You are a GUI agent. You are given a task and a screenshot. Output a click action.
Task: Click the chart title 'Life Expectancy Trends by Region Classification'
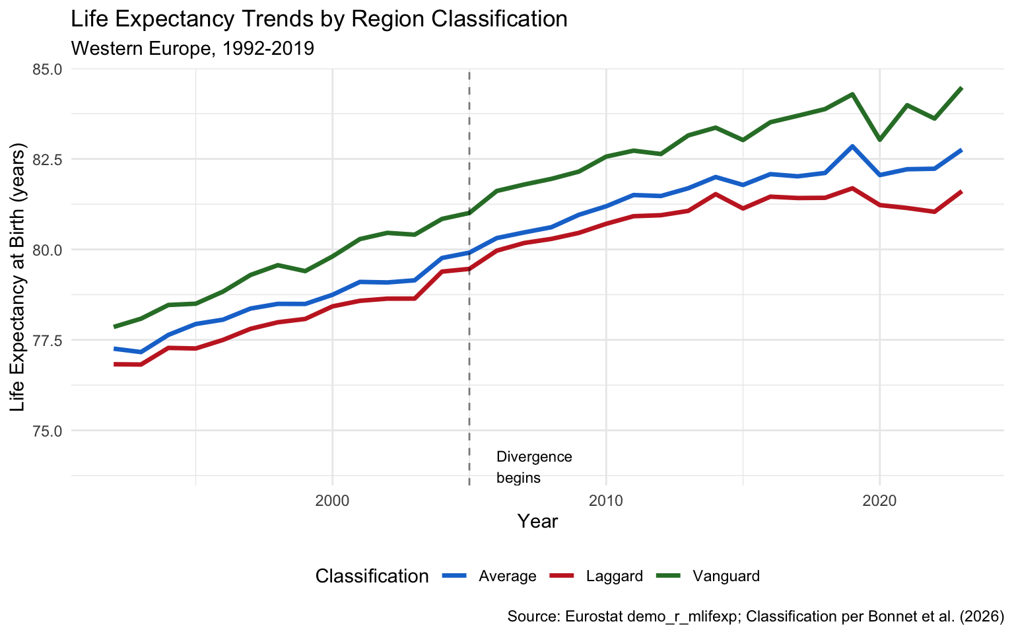(x=319, y=19)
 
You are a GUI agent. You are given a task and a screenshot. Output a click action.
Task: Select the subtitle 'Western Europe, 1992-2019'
(x=192, y=49)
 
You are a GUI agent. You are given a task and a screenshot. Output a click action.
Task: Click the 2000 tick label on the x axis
(x=332, y=500)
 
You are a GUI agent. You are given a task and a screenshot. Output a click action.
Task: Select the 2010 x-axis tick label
(x=605, y=500)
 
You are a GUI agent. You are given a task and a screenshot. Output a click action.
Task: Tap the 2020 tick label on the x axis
(x=879, y=500)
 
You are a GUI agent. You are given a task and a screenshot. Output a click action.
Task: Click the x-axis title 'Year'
(x=537, y=522)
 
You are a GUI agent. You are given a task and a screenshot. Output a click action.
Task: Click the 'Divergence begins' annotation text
(x=533, y=467)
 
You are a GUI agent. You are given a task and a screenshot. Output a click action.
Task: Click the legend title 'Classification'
(x=372, y=576)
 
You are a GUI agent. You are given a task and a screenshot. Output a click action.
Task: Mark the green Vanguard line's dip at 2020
(x=879, y=139)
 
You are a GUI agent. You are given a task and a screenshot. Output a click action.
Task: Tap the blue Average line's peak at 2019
(x=852, y=146)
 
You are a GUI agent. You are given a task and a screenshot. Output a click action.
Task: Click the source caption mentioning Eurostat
(x=755, y=617)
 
